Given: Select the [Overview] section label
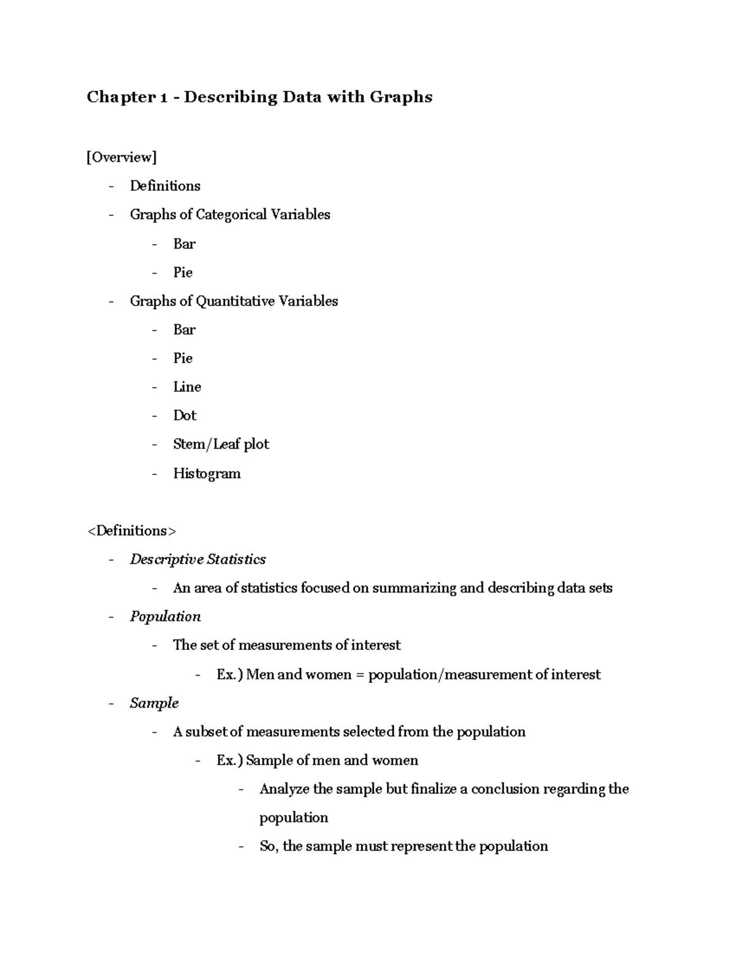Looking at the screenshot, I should pos(121,158).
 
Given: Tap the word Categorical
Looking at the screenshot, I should pos(231,215).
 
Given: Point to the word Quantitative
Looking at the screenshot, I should pos(235,301).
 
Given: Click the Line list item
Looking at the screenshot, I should pos(187,387).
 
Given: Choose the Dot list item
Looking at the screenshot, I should pos(185,415).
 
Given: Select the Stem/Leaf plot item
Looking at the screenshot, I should pos(221,444).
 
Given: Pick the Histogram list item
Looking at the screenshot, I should pos(207,474).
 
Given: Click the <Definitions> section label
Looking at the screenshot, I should pos(131,531).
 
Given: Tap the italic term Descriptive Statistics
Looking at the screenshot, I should pos(197,560).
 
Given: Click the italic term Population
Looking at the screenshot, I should pos(165,617).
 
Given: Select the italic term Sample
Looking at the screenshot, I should pos(154,703).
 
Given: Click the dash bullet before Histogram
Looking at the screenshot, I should pos(155,474).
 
